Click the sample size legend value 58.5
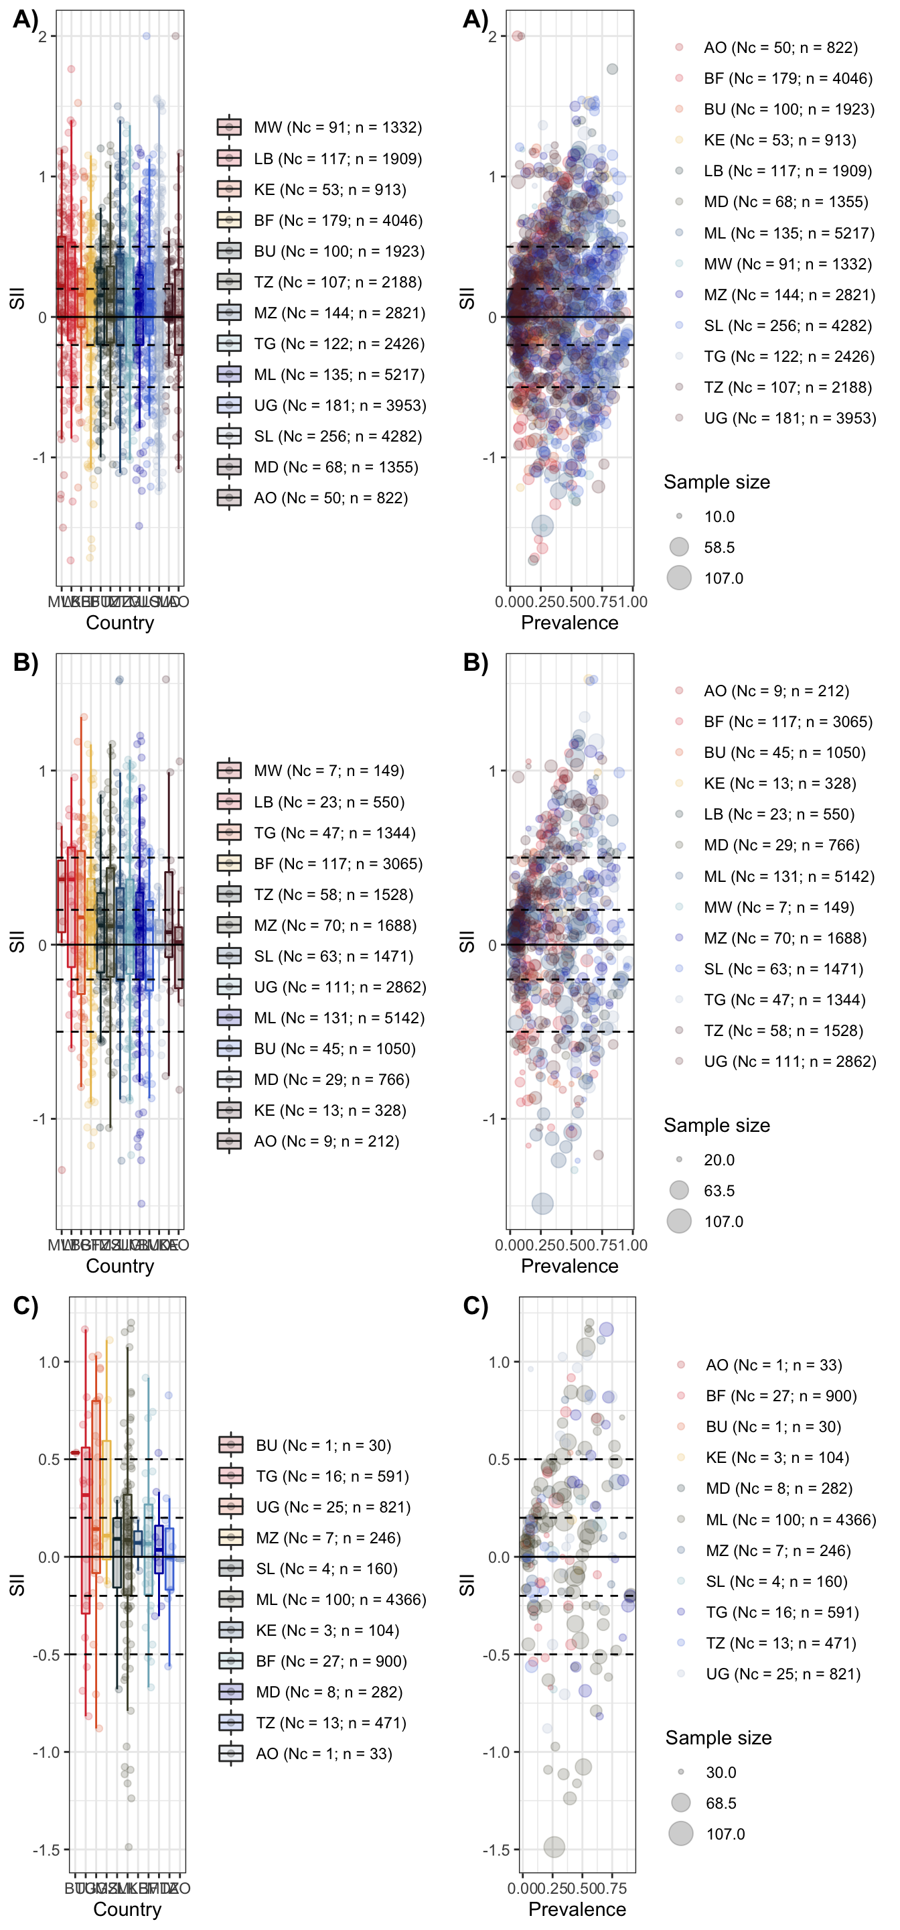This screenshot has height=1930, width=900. (x=719, y=548)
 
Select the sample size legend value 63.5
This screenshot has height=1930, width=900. (x=719, y=1191)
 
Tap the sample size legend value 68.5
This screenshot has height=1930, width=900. (x=721, y=1803)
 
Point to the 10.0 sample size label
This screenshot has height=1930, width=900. (x=719, y=517)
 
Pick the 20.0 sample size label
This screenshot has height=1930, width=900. (x=719, y=1160)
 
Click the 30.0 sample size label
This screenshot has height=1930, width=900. (x=721, y=1772)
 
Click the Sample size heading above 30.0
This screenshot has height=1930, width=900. (x=718, y=1738)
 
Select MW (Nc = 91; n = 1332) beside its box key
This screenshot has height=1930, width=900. (x=337, y=127)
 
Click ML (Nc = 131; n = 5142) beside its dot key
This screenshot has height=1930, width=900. (x=788, y=876)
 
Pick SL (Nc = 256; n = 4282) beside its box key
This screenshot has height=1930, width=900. (x=337, y=436)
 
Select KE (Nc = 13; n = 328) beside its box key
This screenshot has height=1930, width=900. (x=329, y=1110)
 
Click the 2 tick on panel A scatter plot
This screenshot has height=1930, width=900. (x=492, y=37)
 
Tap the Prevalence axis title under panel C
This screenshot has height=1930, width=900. (x=577, y=1909)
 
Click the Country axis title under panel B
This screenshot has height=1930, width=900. (x=120, y=1266)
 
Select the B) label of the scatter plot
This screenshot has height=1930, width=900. (x=475, y=662)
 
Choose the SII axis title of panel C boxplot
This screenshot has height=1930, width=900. (x=17, y=1585)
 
